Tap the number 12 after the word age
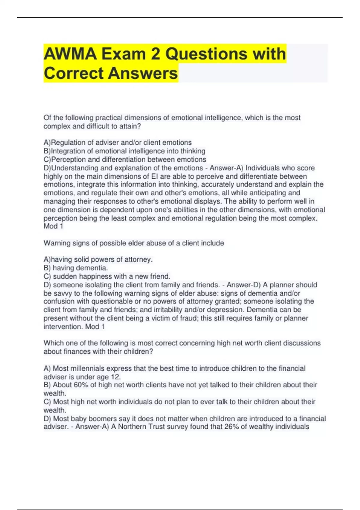pyautogui.click(x=115, y=377)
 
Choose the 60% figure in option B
pyautogui.click(x=81, y=385)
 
